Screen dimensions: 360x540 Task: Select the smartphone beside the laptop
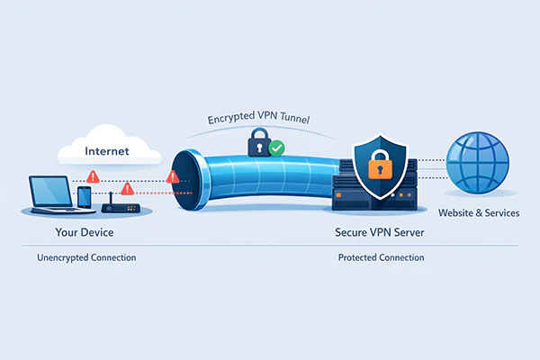[x=84, y=198]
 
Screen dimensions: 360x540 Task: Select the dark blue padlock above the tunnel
[x=257, y=139]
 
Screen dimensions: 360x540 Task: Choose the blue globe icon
[x=478, y=162]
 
